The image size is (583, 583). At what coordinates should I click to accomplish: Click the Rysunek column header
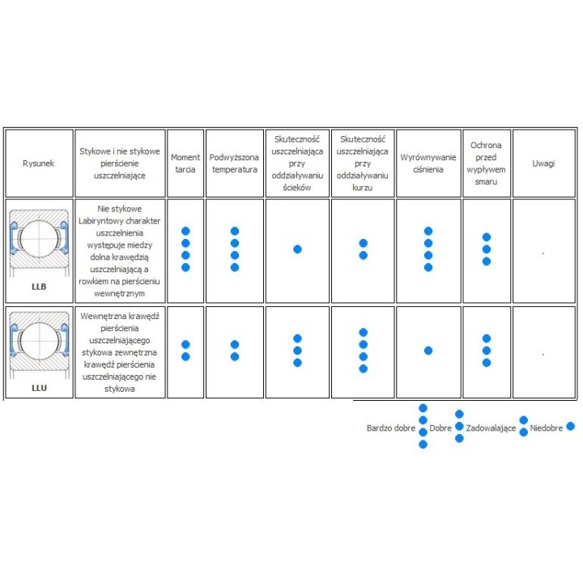pos(38,164)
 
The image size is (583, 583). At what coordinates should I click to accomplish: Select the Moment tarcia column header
pos(185,164)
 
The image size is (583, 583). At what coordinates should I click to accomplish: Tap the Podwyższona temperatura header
pos(234,164)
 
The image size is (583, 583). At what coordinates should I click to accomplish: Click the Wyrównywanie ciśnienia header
pos(428,164)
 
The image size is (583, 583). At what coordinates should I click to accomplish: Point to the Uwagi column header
pos(543,164)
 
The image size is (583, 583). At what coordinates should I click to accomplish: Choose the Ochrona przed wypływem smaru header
pos(486,164)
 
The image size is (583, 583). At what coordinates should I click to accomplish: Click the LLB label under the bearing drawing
pos(39,287)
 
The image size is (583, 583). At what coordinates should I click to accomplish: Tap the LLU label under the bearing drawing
pos(39,388)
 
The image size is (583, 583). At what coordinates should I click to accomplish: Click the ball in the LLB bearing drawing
pos(39,239)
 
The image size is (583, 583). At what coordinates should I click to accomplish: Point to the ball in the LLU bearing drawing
pos(39,341)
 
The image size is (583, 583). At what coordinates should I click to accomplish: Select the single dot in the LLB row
pos(297,249)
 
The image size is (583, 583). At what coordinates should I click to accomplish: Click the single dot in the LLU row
pos(428,351)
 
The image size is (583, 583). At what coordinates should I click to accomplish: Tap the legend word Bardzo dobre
pos(391,428)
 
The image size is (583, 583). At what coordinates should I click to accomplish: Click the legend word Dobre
pos(440,428)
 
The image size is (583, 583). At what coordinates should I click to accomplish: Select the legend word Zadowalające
pos(491,428)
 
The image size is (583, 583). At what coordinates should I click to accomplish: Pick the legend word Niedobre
pos(547,428)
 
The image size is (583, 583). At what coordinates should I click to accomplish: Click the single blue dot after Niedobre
pos(571,427)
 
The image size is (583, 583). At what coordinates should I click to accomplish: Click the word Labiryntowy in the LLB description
pos(96,221)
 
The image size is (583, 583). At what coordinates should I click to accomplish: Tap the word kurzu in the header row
pos(363,187)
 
